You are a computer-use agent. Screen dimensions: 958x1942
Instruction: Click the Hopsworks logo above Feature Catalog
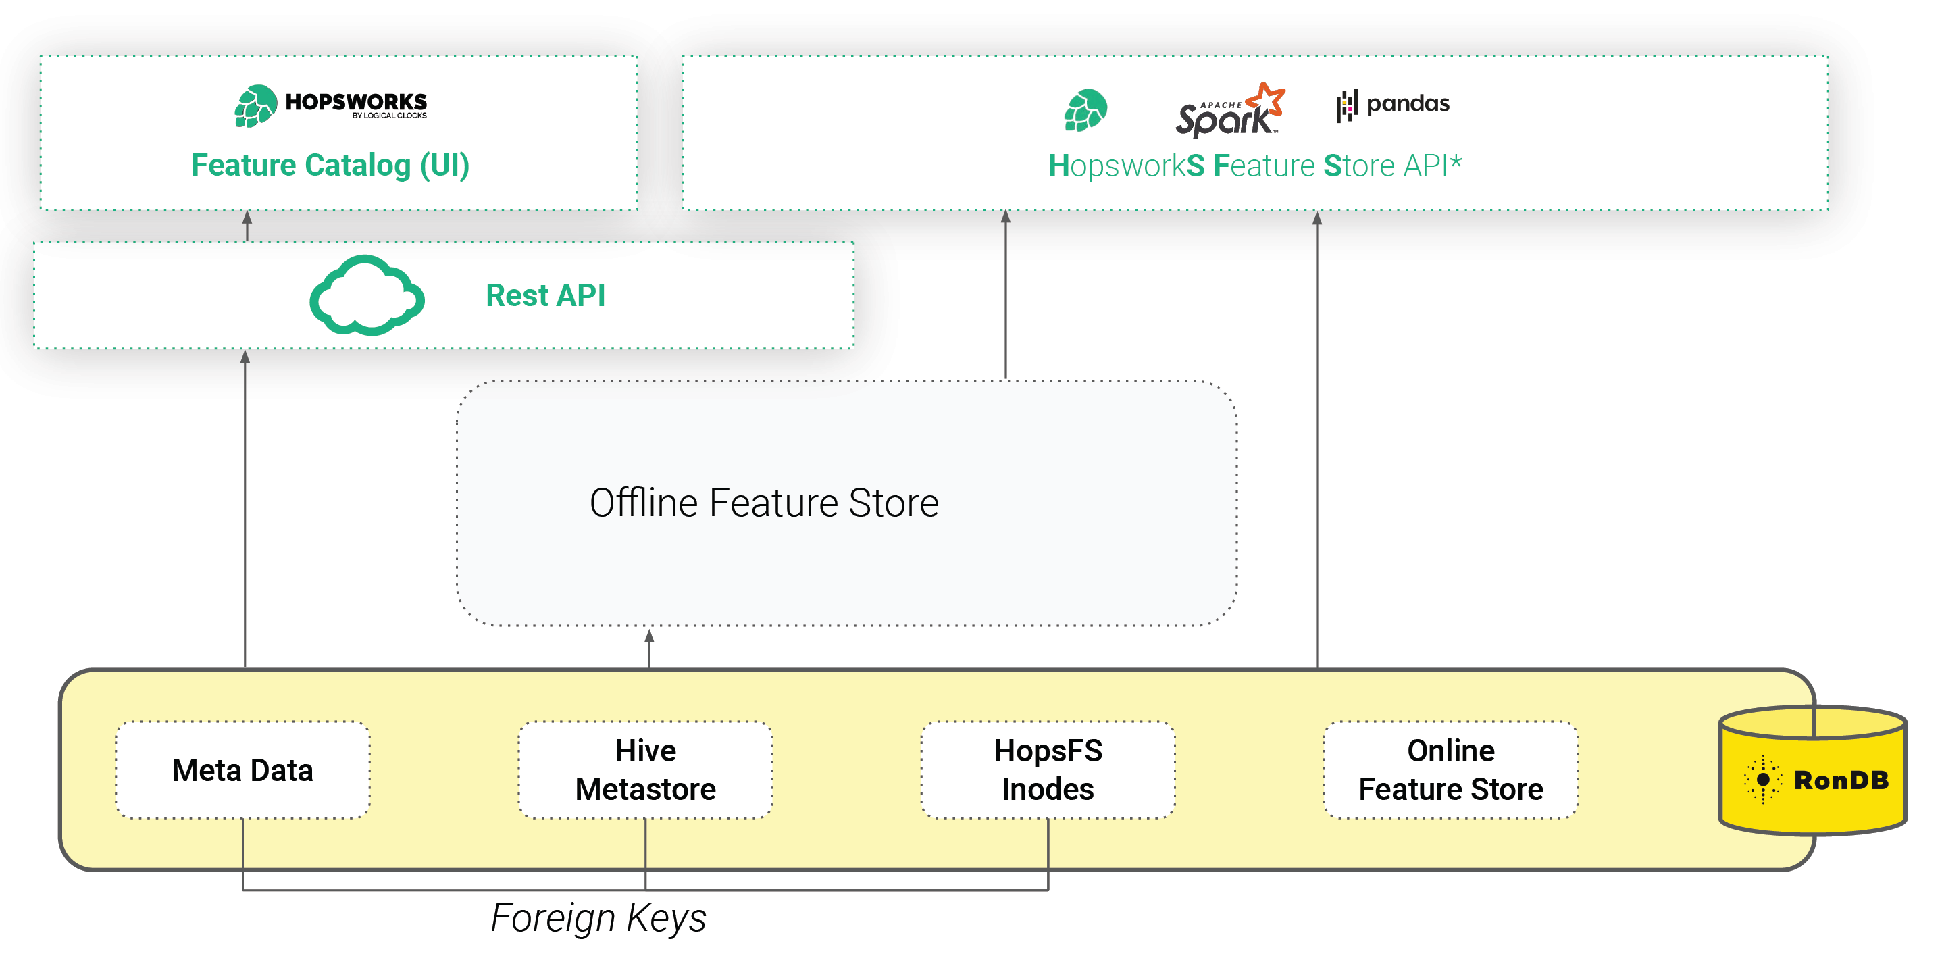330,105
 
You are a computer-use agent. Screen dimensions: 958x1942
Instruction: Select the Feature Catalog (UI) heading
330,165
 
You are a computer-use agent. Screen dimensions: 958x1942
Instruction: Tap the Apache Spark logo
1229,111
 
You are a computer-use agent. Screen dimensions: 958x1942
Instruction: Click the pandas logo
1392,104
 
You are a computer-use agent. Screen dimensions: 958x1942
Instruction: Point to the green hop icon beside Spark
1085,110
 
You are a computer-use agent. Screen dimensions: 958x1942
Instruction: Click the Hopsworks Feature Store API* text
1254,166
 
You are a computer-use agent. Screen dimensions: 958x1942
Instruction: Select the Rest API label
545,295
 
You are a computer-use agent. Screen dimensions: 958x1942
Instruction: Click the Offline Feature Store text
764,503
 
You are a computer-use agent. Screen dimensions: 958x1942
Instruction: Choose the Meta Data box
242,770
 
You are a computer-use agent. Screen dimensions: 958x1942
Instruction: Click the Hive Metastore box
645,770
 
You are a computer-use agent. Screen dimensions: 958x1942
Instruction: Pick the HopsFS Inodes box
1048,770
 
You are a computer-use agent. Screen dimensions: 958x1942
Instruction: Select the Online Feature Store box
1450,770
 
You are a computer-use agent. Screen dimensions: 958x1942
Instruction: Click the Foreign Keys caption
598,917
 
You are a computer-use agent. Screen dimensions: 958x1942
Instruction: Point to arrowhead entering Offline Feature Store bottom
649,637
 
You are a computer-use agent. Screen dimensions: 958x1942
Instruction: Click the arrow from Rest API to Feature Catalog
247,226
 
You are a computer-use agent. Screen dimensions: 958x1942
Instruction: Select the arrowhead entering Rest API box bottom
245,357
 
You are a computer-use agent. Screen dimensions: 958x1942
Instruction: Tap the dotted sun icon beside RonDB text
1762,780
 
